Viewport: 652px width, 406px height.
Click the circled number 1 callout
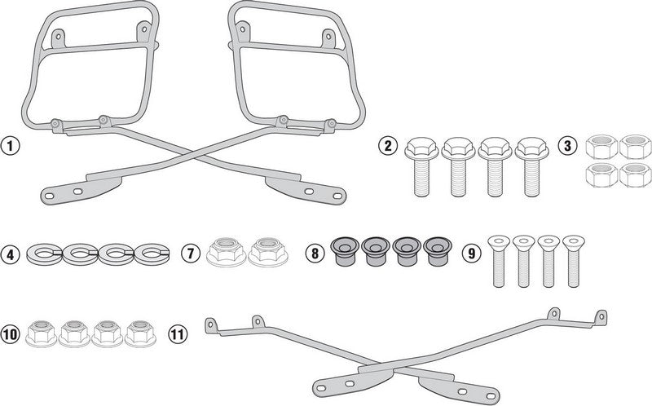(x=9, y=146)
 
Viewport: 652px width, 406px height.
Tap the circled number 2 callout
(x=388, y=146)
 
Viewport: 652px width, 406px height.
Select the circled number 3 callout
(x=567, y=146)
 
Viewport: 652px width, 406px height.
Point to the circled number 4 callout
(x=10, y=254)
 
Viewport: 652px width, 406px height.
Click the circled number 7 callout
(x=190, y=253)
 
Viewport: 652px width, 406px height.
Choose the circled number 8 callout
(x=315, y=253)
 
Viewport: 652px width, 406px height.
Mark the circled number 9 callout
(x=471, y=253)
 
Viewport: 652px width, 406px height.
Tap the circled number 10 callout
(x=9, y=334)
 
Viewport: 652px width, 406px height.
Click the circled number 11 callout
(x=178, y=334)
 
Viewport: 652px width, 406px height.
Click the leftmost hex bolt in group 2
(x=421, y=167)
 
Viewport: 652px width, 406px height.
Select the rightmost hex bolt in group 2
(x=532, y=167)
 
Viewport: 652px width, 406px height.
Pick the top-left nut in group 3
(x=601, y=147)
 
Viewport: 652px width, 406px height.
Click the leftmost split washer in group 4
(x=44, y=254)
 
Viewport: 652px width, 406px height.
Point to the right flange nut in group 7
(x=268, y=252)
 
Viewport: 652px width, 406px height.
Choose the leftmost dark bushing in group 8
(x=345, y=252)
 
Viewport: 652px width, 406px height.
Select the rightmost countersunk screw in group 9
(x=574, y=261)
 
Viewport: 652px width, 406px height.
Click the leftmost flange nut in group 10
(x=42, y=333)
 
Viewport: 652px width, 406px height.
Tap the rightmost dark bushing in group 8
(x=438, y=252)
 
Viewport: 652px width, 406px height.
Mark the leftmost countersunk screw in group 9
(x=499, y=261)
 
